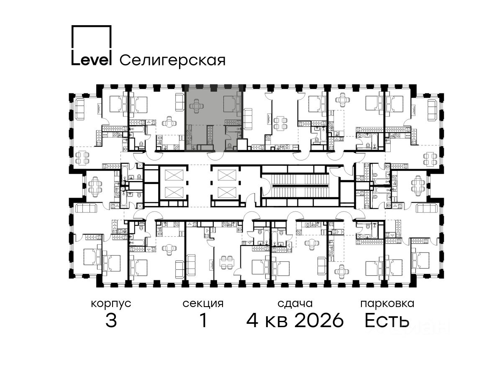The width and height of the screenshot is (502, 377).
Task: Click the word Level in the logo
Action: tap(91, 60)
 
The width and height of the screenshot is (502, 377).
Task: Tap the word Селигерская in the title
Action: tap(172, 61)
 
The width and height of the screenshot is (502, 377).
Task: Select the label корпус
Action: tap(111, 304)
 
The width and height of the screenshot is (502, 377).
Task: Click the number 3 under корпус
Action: tap(111, 320)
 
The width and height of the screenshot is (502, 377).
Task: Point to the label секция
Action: tap(203, 304)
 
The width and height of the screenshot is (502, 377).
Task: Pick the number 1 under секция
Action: tap(203, 320)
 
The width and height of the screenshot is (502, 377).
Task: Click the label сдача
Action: tap(295, 304)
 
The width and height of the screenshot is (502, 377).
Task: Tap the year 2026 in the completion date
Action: tap(319, 320)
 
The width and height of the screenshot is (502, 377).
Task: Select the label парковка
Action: tap(387, 304)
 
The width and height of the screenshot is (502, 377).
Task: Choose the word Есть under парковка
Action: tap(387, 320)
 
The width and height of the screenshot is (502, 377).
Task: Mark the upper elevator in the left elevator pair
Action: tap(174, 175)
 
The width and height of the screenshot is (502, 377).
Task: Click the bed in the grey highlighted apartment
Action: tap(232, 104)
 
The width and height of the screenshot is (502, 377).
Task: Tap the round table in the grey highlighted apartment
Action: tap(197, 106)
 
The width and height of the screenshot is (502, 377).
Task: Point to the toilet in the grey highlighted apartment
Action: tap(229, 145)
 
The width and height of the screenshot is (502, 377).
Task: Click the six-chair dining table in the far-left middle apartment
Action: tap(94, 186)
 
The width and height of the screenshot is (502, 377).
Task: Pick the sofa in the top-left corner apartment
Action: tap(80, 109)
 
